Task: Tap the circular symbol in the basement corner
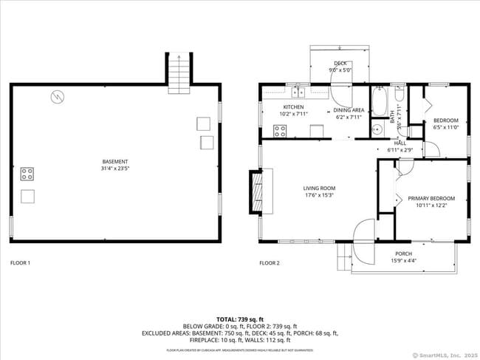coord(58,95)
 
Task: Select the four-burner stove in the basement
coord(27,174)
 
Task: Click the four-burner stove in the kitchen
coord(281,131)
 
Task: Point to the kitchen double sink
coord(299,93)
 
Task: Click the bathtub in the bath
coord(378,101)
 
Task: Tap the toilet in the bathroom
coord(399,95)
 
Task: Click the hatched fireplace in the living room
coord(256,192)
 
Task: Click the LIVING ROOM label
coord(319,189)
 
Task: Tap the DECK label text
coord(340,64)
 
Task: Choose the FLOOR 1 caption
coord(20,263)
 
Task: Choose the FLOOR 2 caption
coord(270,263)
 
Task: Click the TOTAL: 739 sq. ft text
coord(239,319)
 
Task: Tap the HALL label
coord(400,143)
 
